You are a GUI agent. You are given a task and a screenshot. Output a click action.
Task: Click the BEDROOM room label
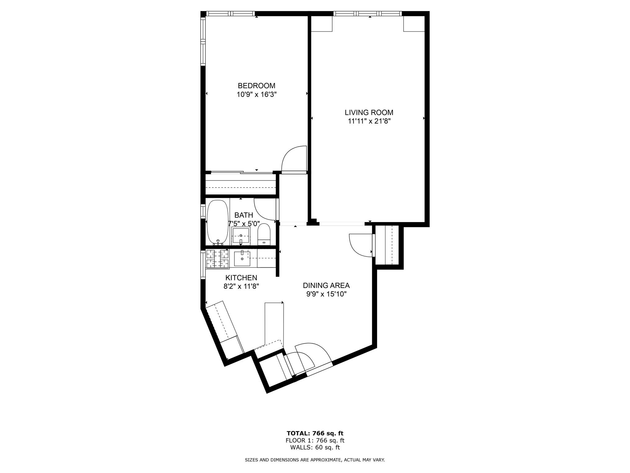(256, 86)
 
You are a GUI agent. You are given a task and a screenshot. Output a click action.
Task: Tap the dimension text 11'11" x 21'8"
(369, 121)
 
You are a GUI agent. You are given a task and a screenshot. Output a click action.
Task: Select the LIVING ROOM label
(369, 112)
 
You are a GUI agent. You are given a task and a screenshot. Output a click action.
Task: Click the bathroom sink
(241, 236)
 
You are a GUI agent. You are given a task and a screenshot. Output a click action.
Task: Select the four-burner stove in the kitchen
(218, 259)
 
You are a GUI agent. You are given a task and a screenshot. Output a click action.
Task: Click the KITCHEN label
(241, 278)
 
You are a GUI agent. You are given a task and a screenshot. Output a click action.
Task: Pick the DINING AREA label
(326, 285)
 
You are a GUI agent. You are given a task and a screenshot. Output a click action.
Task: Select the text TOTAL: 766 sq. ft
(315, 434)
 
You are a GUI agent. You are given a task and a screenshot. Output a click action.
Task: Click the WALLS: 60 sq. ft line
(315, 447)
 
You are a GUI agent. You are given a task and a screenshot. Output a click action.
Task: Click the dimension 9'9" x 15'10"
(326, 294)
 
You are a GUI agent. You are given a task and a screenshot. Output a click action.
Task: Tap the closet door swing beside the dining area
(360, 245)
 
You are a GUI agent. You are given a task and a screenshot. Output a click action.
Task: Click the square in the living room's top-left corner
(322, 24)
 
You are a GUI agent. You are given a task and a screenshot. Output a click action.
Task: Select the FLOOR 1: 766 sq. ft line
(315, 441)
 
